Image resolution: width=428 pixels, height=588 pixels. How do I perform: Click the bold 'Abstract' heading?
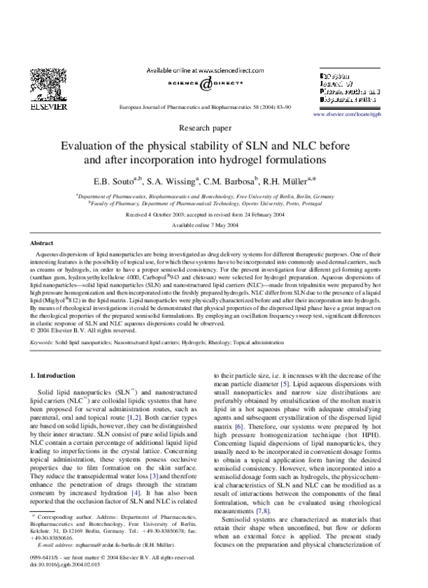41,243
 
